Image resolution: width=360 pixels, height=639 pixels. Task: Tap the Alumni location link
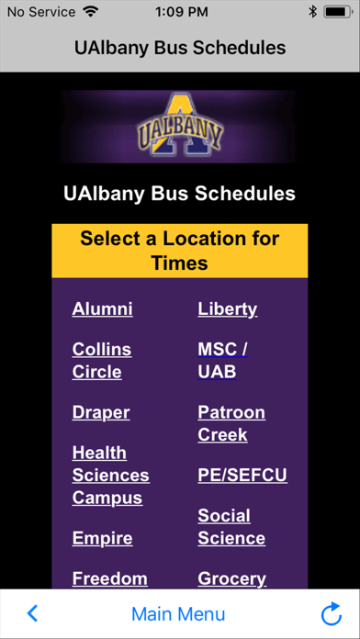click(x=102, y=309)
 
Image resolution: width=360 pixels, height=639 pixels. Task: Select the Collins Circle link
click(x=101, y=361)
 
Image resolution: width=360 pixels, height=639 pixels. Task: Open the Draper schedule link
click(x=101, y=412)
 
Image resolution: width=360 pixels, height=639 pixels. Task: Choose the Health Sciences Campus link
click(x=110, y=475)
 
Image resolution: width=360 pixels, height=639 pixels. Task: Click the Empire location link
click(x=102, y=538)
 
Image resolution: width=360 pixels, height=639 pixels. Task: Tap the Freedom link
click(x=109, y=578)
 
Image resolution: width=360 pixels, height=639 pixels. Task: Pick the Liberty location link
click(x=227, y=309)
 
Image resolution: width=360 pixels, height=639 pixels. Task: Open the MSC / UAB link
click(x=222, y=361)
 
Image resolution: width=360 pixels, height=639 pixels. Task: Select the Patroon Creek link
click(x=231, y=423)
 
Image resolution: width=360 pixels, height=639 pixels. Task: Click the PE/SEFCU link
click(x=242, y=475)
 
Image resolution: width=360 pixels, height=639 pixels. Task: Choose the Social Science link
click(x=231, y=527)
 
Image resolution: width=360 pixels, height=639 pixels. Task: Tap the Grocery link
click(x=231, y=578)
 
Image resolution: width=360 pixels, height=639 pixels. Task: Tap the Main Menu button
click(x=178, y=613)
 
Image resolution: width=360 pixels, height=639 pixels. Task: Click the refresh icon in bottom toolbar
click(x=331, y=613)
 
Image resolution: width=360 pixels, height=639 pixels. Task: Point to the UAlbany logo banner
click(x=180, y=127)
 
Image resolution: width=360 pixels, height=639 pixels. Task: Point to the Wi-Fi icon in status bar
click(x=90, y=12)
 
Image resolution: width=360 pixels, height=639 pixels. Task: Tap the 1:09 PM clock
click(x=179, y=12)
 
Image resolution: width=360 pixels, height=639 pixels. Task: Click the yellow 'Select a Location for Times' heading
click(x=180, y=251)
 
